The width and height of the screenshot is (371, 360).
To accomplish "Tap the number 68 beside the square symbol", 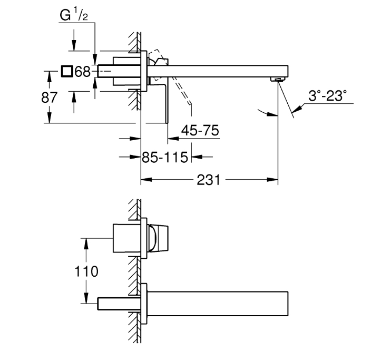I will click(x=83, y=72).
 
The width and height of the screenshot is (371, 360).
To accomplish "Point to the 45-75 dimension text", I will click(x=200, y=130).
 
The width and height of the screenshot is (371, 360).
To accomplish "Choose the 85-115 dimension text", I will click(x=166, y=157).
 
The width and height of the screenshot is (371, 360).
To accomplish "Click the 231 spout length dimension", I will click(x=208, y=180).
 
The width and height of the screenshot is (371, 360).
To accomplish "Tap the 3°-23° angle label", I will click(x=328, y=96).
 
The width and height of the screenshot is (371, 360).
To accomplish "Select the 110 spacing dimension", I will click(x=86, y=272).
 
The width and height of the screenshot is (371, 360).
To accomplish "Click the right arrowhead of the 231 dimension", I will click(x=275, y=180).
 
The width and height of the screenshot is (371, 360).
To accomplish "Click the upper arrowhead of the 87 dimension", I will click(x=48, y=75).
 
